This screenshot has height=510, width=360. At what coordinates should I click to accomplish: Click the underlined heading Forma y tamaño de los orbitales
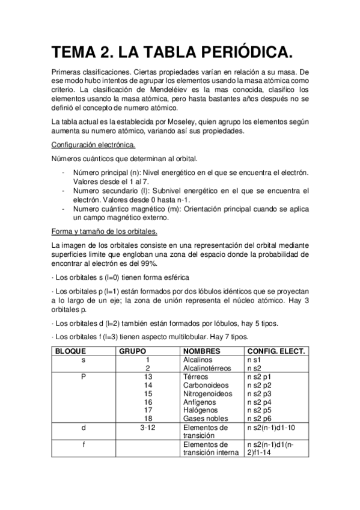tap(105, 232)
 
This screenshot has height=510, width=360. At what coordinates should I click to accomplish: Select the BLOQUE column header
tap(70, 350)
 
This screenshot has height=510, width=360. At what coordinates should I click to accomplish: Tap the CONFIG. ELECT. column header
tap(276, 350)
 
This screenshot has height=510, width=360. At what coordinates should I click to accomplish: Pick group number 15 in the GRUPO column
tap(148, 393)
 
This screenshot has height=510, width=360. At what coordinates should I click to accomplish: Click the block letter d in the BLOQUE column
tap(84, 427)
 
